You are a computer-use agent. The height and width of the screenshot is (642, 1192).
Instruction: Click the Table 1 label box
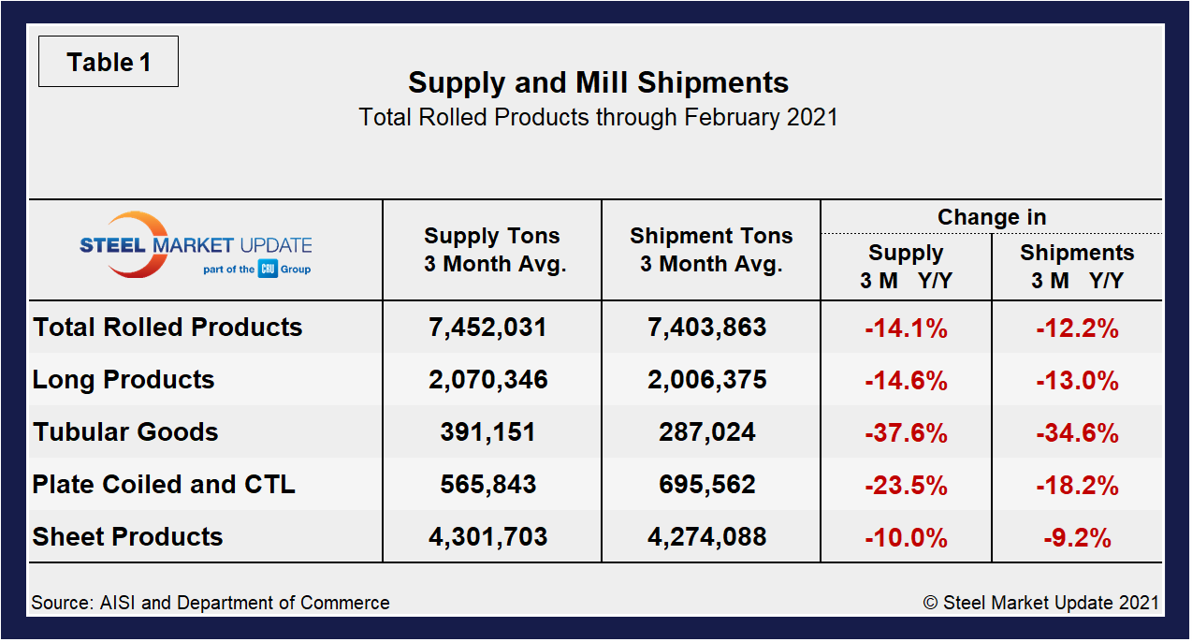(108, 63)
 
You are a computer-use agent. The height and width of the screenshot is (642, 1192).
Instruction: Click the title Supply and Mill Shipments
(598, 82)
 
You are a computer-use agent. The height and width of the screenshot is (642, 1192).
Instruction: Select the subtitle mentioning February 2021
(598, 117)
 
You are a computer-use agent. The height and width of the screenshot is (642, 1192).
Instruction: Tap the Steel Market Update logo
(195, 246)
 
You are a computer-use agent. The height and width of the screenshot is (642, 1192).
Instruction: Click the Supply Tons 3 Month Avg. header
(492, 250)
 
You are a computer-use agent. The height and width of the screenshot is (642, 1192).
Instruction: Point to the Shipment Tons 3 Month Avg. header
(710, 250)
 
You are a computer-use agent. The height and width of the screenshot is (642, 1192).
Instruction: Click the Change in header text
(991, 217)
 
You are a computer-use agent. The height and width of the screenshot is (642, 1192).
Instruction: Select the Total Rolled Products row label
(167, 328)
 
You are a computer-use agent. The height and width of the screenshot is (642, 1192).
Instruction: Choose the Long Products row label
(124, 380)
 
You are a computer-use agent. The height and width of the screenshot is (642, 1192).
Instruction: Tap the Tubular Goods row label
(125, 432)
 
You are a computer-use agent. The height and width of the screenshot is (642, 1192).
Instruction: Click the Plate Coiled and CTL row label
(164, 485)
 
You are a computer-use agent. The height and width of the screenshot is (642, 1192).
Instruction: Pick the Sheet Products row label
(127, 537)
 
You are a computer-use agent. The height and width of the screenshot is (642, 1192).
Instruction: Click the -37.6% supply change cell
(905, 433)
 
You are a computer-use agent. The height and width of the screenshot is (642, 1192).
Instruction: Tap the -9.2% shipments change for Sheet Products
(1077, 538)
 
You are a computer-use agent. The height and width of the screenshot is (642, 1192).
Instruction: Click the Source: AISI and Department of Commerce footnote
(211, 603)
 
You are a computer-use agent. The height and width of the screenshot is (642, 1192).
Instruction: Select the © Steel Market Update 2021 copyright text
(1040, 603)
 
